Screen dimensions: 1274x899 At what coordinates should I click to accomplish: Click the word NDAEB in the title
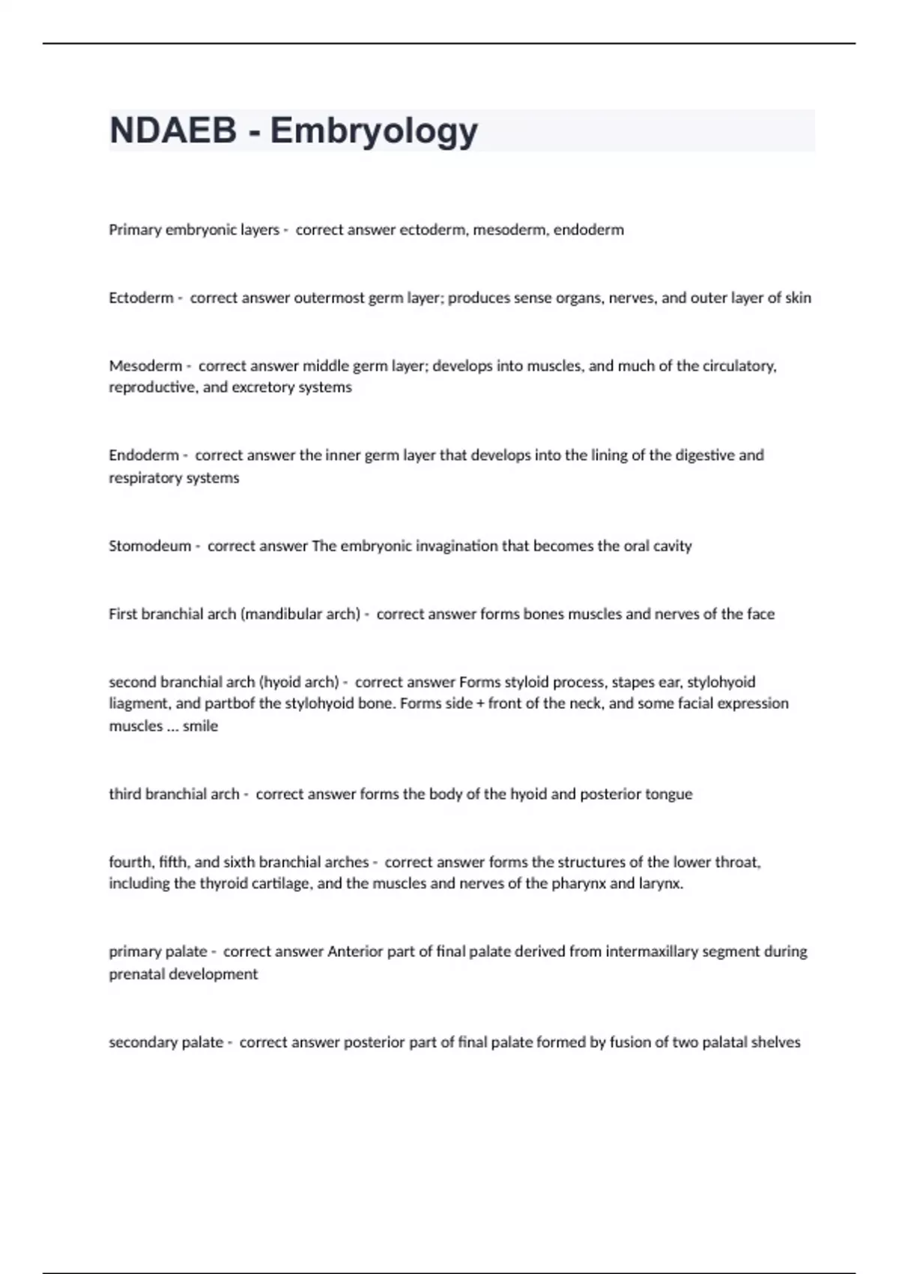coord(172,130)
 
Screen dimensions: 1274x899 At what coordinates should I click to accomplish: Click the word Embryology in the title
coord(374,132)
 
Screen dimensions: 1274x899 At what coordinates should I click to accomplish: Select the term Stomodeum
coord(150,546)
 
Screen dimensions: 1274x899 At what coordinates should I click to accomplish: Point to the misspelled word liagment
coord(136,704)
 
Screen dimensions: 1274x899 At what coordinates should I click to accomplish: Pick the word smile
coord(200,726)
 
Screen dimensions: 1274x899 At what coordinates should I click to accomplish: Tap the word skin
coord(798,298)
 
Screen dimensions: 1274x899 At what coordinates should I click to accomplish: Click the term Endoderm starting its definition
coord(144,456)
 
